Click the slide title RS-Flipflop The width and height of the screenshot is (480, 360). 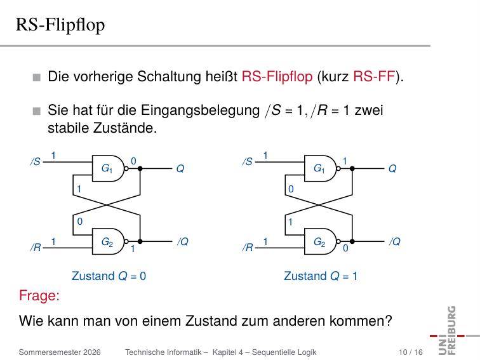click(x=60, y=25)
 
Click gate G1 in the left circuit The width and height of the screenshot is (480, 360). click(x=109, y=168)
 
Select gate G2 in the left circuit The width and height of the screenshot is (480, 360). click(x=109, y=241)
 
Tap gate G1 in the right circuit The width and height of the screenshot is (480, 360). click(x=321, y=168)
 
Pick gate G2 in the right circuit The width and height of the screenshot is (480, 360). click(x=321, y=241)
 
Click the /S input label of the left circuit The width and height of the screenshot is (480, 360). click(x=36, y=161)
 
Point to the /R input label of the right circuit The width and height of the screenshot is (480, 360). click(x=248, y=247)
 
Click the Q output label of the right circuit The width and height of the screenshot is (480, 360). click(x=392, y=169)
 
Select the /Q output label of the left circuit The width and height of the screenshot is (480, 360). click(x=183, y=241)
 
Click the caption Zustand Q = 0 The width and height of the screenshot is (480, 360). click(x=109, y=276)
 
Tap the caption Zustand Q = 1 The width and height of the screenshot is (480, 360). click(x=321, y=276)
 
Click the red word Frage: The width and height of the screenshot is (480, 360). click(x=39, y=296)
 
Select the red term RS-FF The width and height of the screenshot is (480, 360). click(x=374, y=76)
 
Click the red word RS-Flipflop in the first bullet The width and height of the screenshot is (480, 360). click(x=277, y=77)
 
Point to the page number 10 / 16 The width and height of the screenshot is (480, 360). click(x=411, y=352)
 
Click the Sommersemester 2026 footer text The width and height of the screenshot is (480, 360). click(x=60, y=352)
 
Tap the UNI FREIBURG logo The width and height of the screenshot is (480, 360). click(x=452, y=331)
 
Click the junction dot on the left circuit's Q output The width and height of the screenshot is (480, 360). click(x=140, y=168)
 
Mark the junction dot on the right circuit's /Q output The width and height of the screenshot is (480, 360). click(x=352, y=241)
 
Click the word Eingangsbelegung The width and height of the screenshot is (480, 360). click(x=200, y=111)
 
